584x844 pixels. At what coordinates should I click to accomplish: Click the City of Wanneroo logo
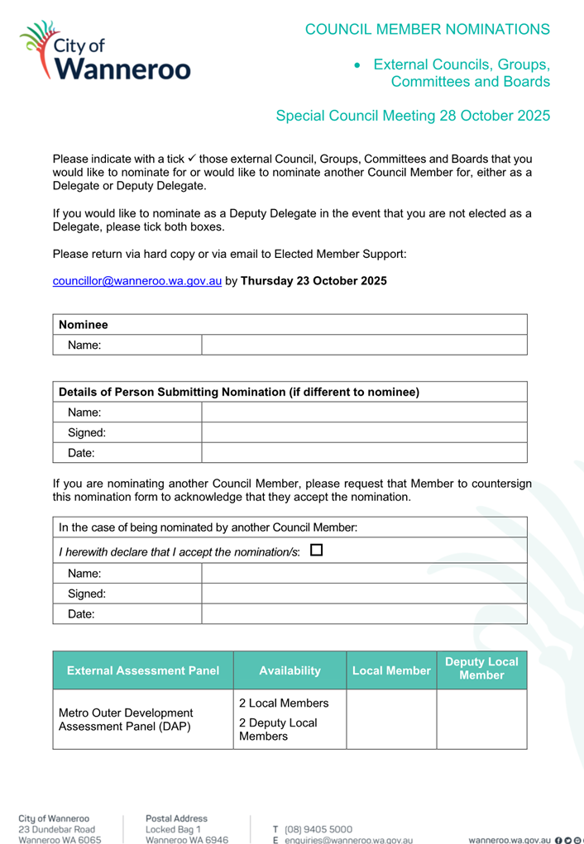(105, 51)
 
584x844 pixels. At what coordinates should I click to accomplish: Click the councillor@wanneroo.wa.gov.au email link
(136, 280)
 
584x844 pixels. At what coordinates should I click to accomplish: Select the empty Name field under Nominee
(364, 346)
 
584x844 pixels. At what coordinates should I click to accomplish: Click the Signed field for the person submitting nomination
(364, 432)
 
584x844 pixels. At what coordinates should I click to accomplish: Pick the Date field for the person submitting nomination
(364, 452)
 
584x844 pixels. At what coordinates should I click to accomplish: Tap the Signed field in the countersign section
(364, 594)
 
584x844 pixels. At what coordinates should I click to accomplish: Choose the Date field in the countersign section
(364, 614)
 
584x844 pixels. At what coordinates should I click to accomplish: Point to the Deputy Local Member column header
(481, 669)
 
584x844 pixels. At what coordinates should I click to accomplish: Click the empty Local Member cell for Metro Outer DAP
(390, 719)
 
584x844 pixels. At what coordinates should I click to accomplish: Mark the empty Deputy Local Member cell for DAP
(481, 719)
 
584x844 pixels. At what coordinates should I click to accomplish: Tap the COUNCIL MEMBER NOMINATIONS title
(427, 29)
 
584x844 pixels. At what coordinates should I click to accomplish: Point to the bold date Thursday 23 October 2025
(313, 280)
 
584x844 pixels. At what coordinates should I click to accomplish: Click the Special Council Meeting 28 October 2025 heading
(412, 116)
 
